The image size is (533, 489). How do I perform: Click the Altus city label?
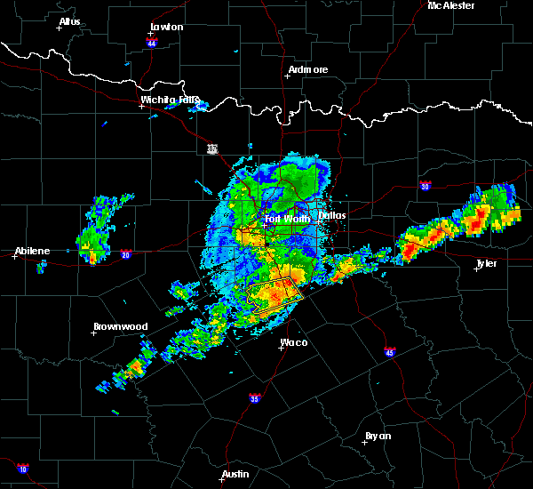pyautogui.click(x=70, y=21)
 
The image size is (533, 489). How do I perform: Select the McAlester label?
pyautogui.click(x=450, y=5)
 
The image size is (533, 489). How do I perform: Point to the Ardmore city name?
pyautogui.click(x=308, y=69)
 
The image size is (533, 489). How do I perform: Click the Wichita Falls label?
pyautogui.click(x=170, y=100)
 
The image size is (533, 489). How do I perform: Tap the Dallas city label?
pyautogui.click(x=333, y=214)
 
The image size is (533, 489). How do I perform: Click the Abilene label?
pyautogui.click(x=31, y=251)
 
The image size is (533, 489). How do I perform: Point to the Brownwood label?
pyautogui.click(x=120, y=326)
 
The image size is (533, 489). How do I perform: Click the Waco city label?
pyautogui.click(x=294, y=341)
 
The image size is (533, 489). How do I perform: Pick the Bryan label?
pyautogui.click(x=378, y=436)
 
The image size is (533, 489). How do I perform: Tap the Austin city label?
pyautogui.click(x=235, y=474)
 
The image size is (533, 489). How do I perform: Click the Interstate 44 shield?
pyautogui.click(x=152, y=42)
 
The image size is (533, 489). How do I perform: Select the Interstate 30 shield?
pyautogui.click(x=426, y=186)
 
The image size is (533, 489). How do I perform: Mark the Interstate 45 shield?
pyautogui.click(x=390, y=352)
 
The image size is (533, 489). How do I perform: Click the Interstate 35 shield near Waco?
pyautogui.click(x=255, y=397)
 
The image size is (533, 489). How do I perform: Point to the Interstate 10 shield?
pyautogui.click(x=22, y=469)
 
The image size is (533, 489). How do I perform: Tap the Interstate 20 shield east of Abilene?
pyautogui.click(x=126, y=253)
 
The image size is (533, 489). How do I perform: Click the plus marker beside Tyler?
pyautogui.click(x=476, y=269)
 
